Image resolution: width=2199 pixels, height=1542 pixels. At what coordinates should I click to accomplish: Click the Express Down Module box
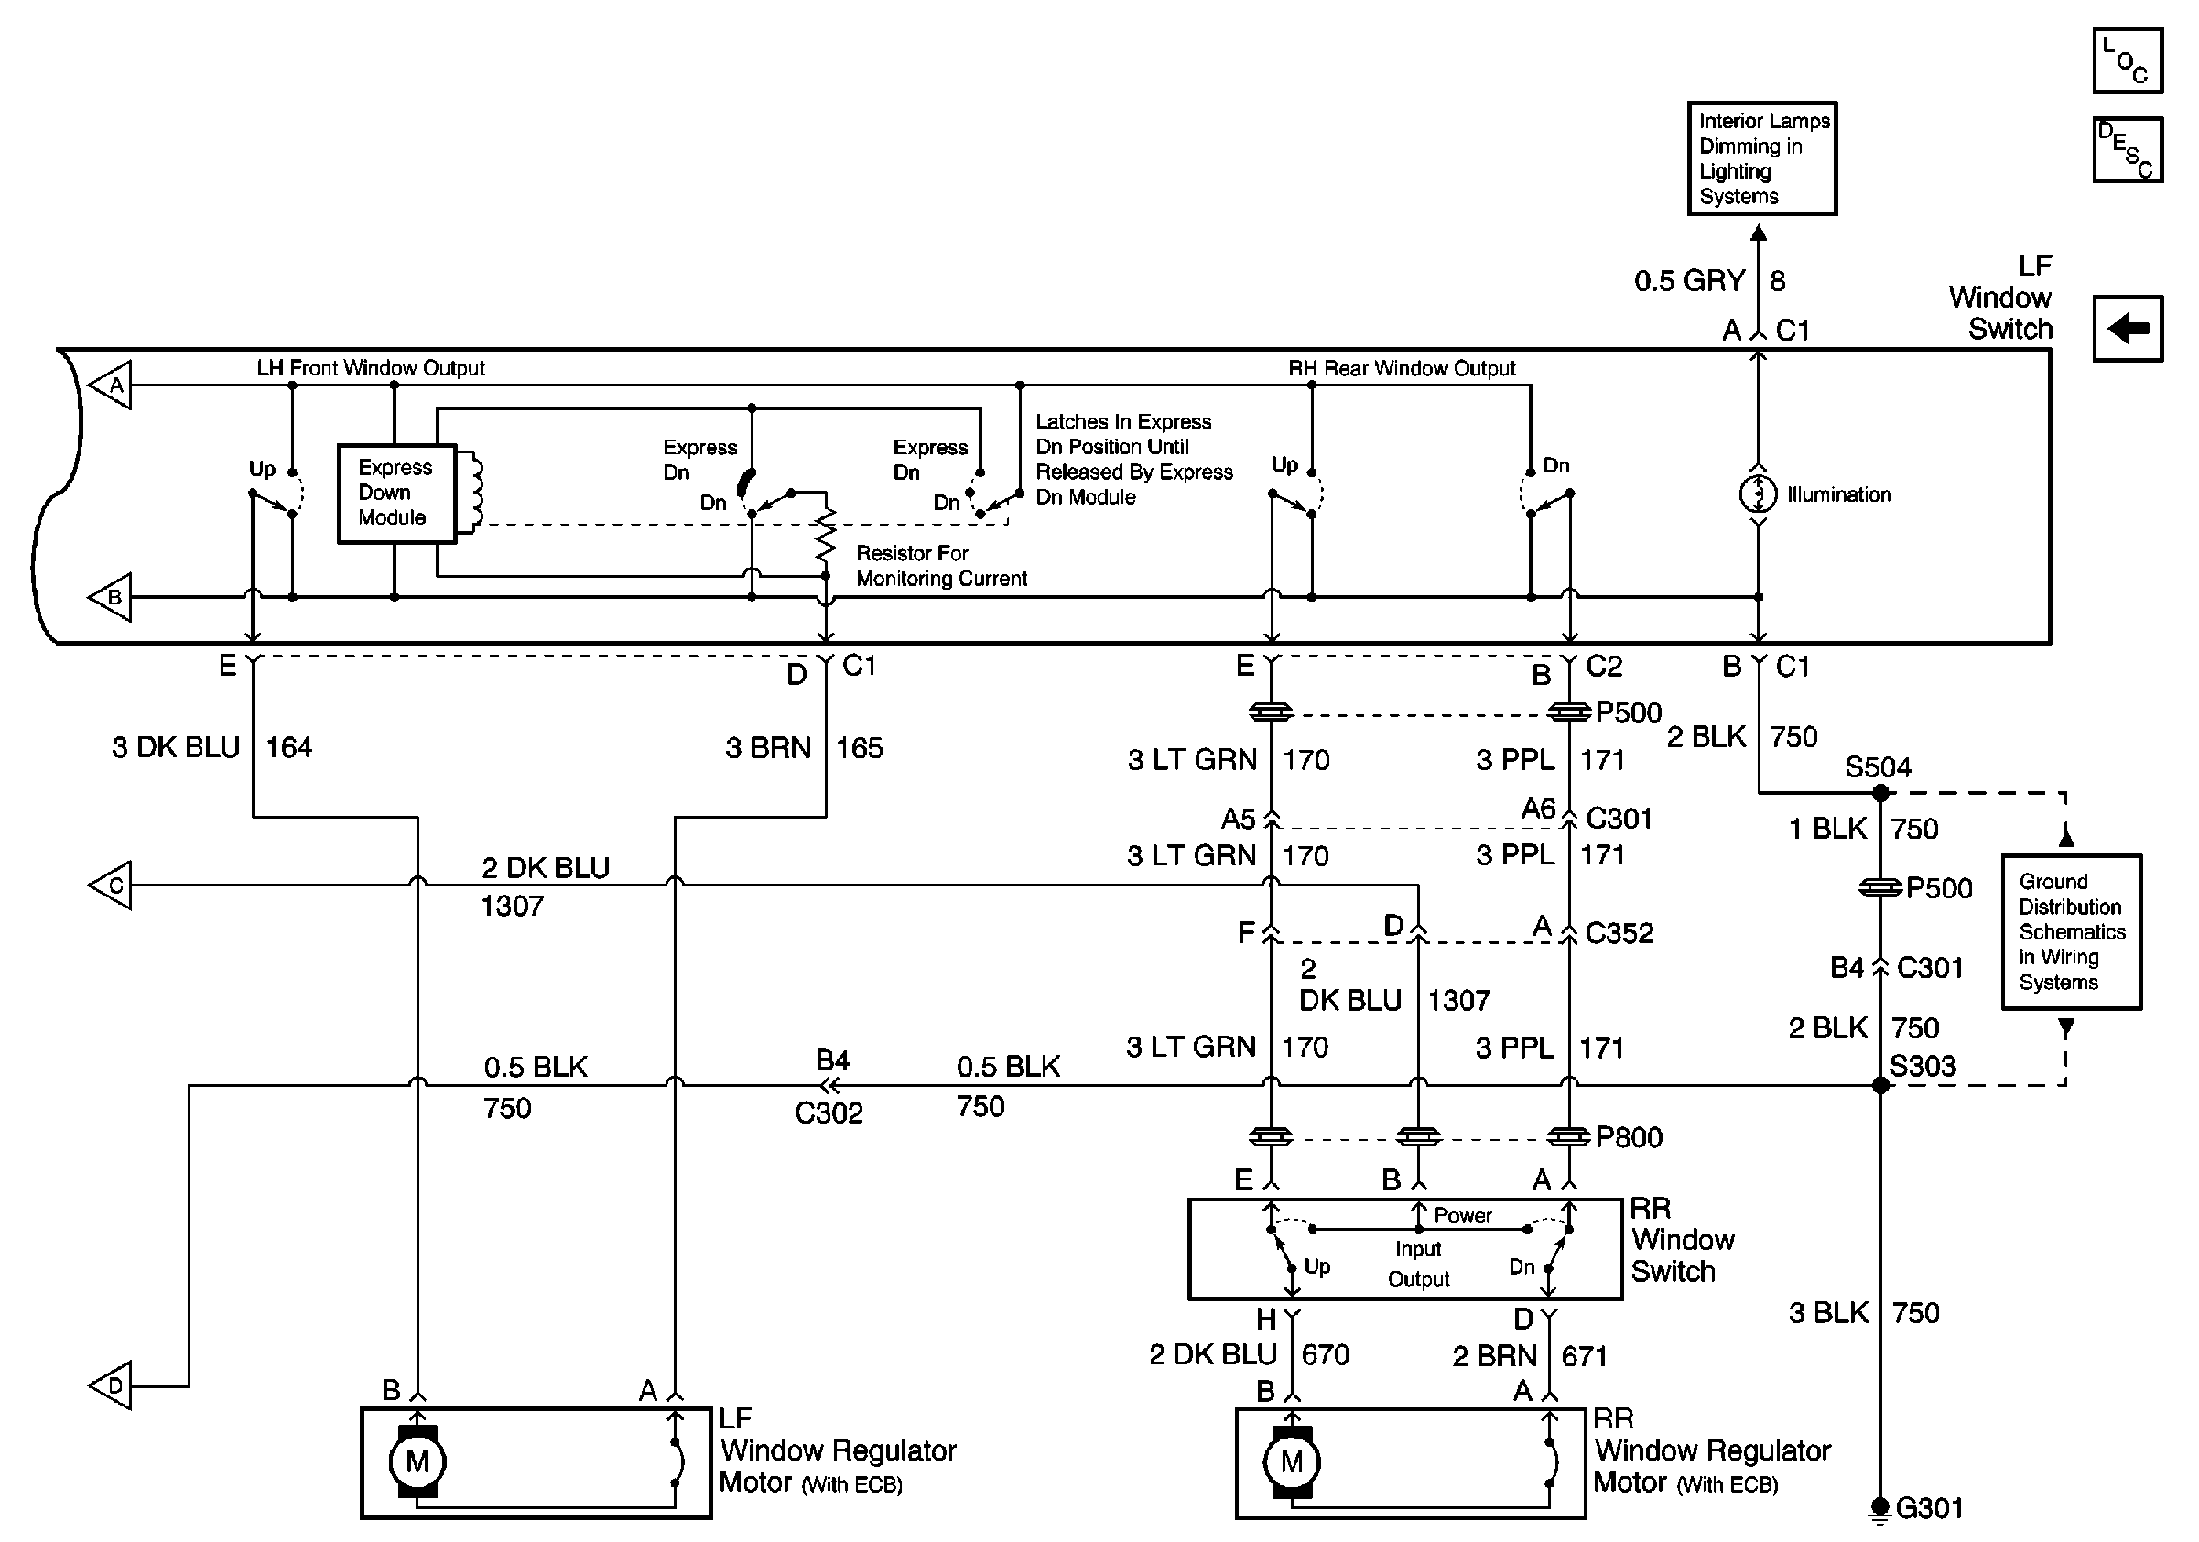click(x=396, y=494)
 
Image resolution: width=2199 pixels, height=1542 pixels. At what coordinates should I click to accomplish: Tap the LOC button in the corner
click(x=2128, y=60)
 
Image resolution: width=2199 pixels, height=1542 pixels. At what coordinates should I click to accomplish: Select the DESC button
click(x=2128, y=149)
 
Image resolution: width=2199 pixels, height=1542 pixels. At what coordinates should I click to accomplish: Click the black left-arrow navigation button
click(x=2128, y=329)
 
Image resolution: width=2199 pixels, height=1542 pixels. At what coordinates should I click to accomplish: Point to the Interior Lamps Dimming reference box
click(x=1761, y=158)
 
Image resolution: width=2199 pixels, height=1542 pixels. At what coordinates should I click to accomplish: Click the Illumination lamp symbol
click(x=1758, y=494)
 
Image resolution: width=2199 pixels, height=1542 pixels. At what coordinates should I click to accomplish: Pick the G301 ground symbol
click(x=1880, y=1508)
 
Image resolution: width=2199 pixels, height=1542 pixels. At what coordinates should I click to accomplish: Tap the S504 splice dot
click(x=1880, y=793)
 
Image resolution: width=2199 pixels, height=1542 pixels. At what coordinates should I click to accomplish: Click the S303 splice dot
click(x=1880, y=1085)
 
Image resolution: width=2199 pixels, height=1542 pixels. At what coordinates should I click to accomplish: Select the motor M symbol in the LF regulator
click(x=417, y=1461)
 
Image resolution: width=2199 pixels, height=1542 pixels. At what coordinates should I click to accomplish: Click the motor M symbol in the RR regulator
click(x=1291, y=1461)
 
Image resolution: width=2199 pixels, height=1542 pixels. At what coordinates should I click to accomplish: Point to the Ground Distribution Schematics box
click(x=2071, y=932)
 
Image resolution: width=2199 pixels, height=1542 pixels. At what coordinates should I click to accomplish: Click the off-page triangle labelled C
click(x=109, y=885)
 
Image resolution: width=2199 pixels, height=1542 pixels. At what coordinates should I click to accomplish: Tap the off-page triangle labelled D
click(x=109, y=1385)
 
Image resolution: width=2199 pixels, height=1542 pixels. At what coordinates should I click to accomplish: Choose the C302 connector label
click(x=829, y=1113)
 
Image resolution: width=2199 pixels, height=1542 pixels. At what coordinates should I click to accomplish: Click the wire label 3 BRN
click(x=768, y=747)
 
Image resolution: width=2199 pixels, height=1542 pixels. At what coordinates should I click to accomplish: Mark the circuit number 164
click(x=288, y=747)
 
